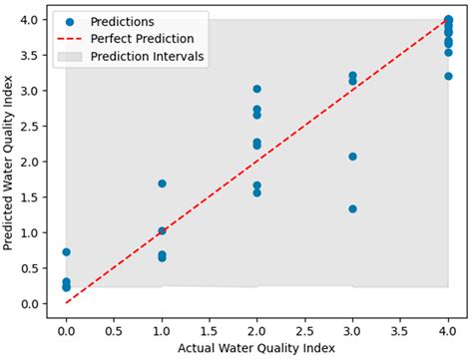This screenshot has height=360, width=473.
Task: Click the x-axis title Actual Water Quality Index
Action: tap(256, 347)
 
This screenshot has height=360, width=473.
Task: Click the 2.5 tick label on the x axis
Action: tap(304, 326)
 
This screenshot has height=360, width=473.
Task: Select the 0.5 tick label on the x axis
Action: tap(114, 326)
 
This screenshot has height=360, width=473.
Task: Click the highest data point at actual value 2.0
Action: tap(257, 89)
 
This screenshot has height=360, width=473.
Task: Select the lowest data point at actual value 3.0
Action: tap(352, 208)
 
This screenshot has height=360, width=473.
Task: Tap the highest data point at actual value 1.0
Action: tap(162, 183)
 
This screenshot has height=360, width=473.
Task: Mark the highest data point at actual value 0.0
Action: tap(66, 252)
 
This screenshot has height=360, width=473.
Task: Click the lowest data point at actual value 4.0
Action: tap(448, 76)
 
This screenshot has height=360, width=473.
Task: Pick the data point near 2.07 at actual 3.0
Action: tap(352, 157)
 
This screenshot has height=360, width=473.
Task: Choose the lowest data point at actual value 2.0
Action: tap(257, 192)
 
